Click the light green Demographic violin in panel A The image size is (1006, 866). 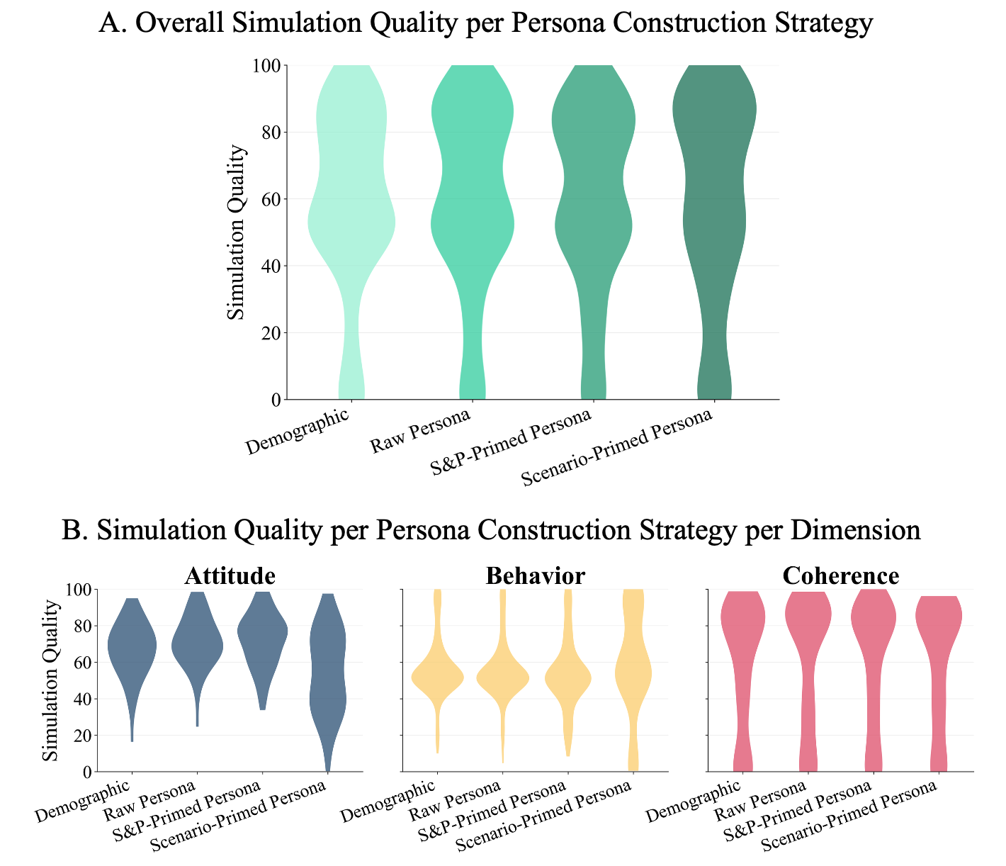pyautogui.click(x=351, y=213)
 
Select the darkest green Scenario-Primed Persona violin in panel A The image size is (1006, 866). pyautogui.click(x=714, y=213)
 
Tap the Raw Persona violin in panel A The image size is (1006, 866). pyautogui.click(x=473, y=213)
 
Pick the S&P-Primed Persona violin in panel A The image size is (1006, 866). pyautogui.click(x=593, y=213)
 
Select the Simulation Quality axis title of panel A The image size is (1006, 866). pyautogui.click(x=237, y=232)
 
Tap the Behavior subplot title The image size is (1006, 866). pyautogui.click(x=535, y=575)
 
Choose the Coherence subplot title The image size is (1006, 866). pyautogui.click(x=841, y=575)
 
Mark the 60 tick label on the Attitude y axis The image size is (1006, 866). pyautogui.click(x=81, y=663)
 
